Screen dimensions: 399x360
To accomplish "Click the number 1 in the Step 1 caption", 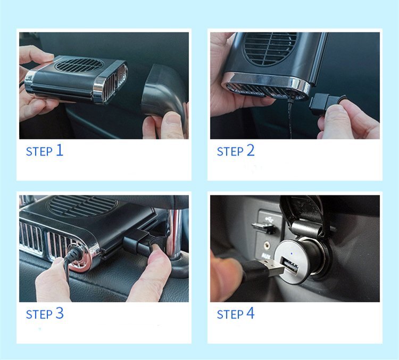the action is coord(59,150).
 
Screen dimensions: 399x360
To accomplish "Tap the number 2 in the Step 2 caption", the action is coord(251,150).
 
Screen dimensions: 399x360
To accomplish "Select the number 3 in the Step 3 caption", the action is coord(59,313).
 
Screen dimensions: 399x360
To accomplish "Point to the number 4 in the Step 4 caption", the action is coord(251,313).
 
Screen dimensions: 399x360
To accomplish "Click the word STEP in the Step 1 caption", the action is coord(39,152).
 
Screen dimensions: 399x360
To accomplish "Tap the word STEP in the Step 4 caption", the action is coord(230,314).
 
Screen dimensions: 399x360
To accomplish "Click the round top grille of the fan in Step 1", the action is coord(79,65).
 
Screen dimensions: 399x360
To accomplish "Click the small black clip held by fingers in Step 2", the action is coord(326,102).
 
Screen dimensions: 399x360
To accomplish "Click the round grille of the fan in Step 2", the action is coord(270,48).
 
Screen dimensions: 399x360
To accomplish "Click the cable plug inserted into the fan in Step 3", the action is coord(73,253).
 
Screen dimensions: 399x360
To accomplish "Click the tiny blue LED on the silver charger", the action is coord(292,254).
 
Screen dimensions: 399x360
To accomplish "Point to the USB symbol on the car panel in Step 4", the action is coord(268,218).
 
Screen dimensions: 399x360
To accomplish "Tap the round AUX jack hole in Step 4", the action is coord(267,246).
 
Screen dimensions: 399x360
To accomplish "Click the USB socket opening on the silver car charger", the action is coord(289,266).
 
